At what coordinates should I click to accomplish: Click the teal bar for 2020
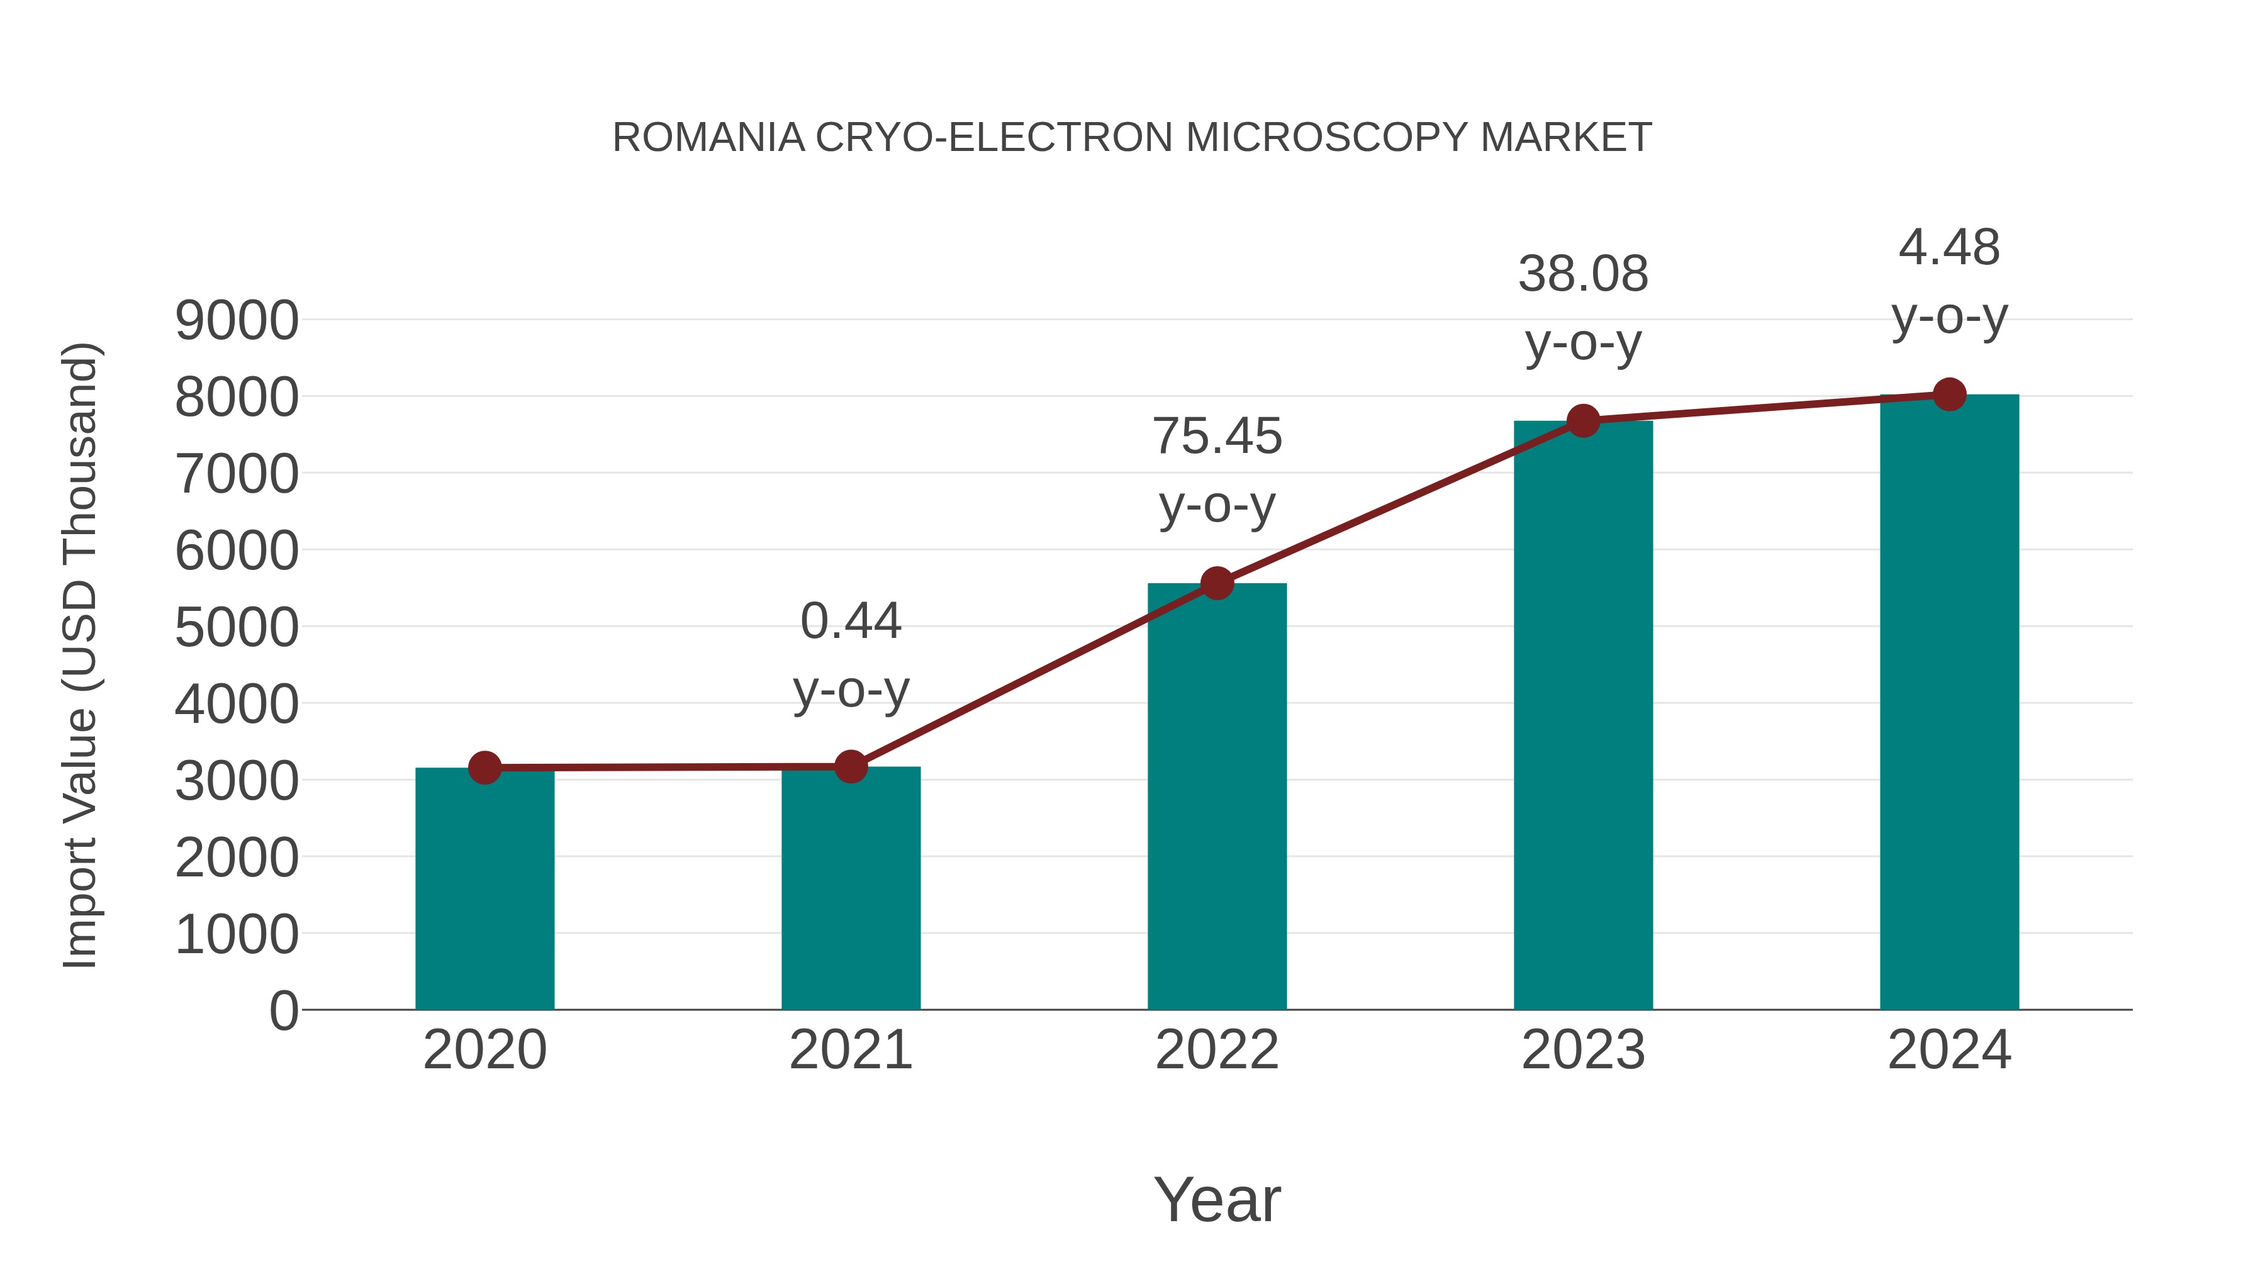click(484, 888)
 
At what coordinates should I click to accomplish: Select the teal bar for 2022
click(1217, 796)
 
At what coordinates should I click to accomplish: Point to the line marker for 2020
click(484, 768)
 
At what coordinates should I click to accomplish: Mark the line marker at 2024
click(1949, 394)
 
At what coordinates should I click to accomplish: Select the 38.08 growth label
click(1583, 274)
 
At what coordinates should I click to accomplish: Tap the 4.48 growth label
click(1949, 248)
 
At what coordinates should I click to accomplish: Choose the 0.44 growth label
click(850, 622)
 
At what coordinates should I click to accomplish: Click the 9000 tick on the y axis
click(237, 321)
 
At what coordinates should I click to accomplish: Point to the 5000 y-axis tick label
click(237, 628)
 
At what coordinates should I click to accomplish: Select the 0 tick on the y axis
click(283, 1011)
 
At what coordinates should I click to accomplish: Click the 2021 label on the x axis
click(850, 1050)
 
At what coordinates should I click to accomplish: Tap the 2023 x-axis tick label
click(1583, 1050)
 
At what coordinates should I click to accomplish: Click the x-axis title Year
click(1217, 1199)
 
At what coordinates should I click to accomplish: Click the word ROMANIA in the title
click(708, 138)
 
